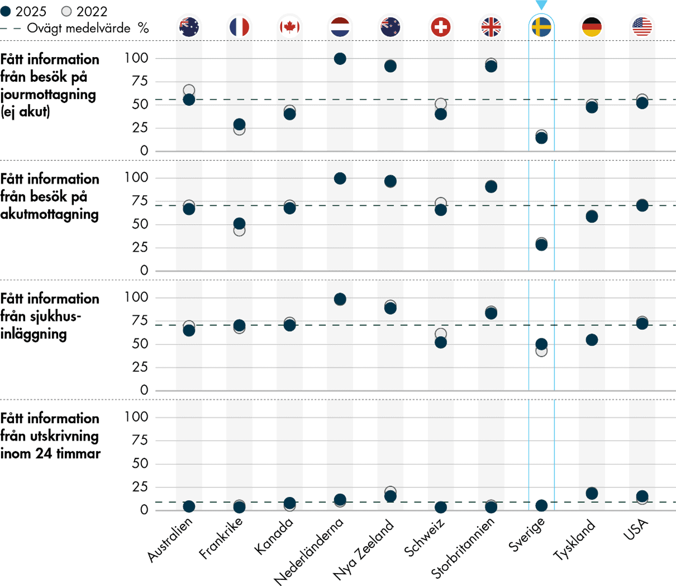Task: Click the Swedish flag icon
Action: (x=541, y=27)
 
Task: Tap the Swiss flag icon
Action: (x=441, y=27)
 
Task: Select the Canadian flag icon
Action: (x=289, y=27)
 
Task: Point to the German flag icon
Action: (x=592, y=27)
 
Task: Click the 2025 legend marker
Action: (x=6, y=12)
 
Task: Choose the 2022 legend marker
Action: (x=66, y=12)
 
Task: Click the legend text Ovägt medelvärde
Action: (x=79, y=29)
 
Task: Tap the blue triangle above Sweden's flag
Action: (x=541, y=5)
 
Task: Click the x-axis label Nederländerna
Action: (x=309, y=551)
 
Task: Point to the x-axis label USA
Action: (x=636, y=530)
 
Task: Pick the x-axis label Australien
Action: (x=170, y=540)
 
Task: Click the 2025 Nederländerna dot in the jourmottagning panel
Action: (x=340, y=59)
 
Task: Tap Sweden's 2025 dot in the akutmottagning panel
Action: (x=541, y=245)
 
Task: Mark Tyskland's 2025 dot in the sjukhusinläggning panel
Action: (x=592, y=340)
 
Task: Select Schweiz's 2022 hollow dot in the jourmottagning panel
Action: (x=441, y=104)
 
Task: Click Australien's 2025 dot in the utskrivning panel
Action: (x=189, y=507)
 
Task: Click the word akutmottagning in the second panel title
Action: (x=49, y=214)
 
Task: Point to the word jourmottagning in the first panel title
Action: (x=48, y=94)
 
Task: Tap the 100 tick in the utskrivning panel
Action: (x=136, y=417)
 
